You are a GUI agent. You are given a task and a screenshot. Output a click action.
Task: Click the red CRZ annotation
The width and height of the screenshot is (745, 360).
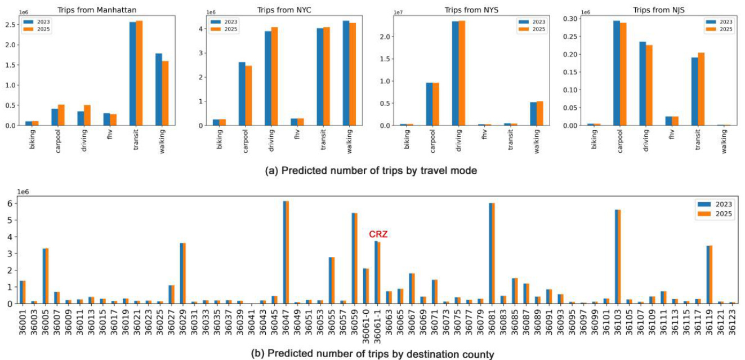point(378,234)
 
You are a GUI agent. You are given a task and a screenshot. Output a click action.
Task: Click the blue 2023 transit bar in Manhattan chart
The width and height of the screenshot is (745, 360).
point(133,73)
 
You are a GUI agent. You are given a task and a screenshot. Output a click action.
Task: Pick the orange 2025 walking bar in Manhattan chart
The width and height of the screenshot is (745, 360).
point(165,93)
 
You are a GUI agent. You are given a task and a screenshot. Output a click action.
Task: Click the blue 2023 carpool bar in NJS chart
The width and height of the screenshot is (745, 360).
point(617,73)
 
